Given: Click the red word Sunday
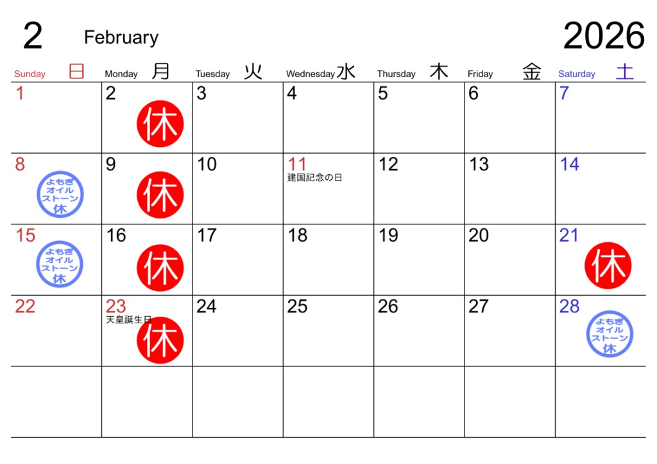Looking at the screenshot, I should click(x=30, y=74).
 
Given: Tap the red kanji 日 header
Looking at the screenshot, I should click(x=77, y=71).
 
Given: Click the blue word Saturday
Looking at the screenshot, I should click(x=577, y=74).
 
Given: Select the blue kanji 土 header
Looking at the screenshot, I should click(x=624, y=71).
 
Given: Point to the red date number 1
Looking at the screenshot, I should click(x=20, y=94).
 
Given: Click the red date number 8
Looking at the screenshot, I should click(x=20, y=165).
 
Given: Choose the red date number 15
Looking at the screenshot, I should click(x=25, y=236).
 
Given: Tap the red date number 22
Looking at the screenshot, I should click(x=25, y=307).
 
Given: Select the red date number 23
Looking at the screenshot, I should click(x=115, y=307).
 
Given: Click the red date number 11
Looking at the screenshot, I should click(x=297, y=165).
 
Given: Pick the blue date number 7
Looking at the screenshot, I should click(x=564, y=94).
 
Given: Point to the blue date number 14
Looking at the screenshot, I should click(x=569, y=165).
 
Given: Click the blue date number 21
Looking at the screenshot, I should click(x=569, y=236).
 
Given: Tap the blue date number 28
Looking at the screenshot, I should click(x=569, y=307).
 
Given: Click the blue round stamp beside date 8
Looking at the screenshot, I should click(x=60, y=194).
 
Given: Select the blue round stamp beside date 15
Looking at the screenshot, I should click(x=60, y=264).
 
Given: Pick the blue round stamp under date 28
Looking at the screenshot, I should click(x=610, y=334).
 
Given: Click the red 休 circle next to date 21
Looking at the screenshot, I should click(x=608, y=265).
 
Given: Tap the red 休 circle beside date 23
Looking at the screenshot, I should click(x=160, y=340).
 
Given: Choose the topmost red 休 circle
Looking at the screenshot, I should click(x=160, y=124).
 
